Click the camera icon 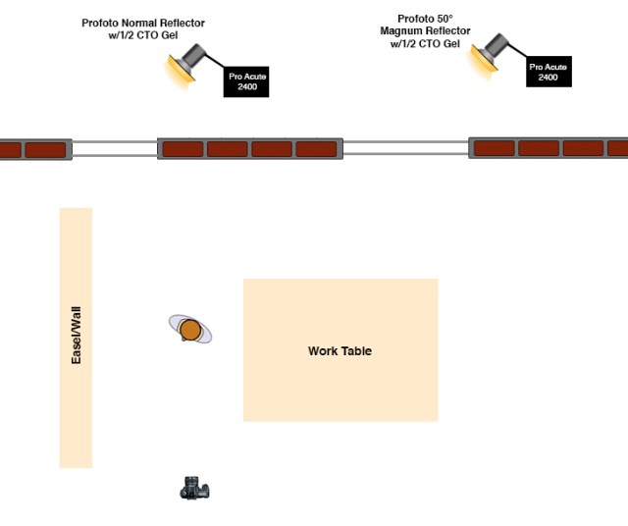[195, 488]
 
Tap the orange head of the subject [190, 330]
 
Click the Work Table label [340, 350]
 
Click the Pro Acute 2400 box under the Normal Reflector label [246, 80]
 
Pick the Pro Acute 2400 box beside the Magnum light [548, 71]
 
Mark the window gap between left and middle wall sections [114, 149]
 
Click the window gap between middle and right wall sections [405, 148]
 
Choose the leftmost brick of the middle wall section [183, 149]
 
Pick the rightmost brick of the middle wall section [316, 149]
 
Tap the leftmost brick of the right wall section [495, 148]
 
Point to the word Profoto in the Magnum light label [416, 19]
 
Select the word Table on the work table [357, 350]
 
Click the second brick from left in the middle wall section [227, 149]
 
